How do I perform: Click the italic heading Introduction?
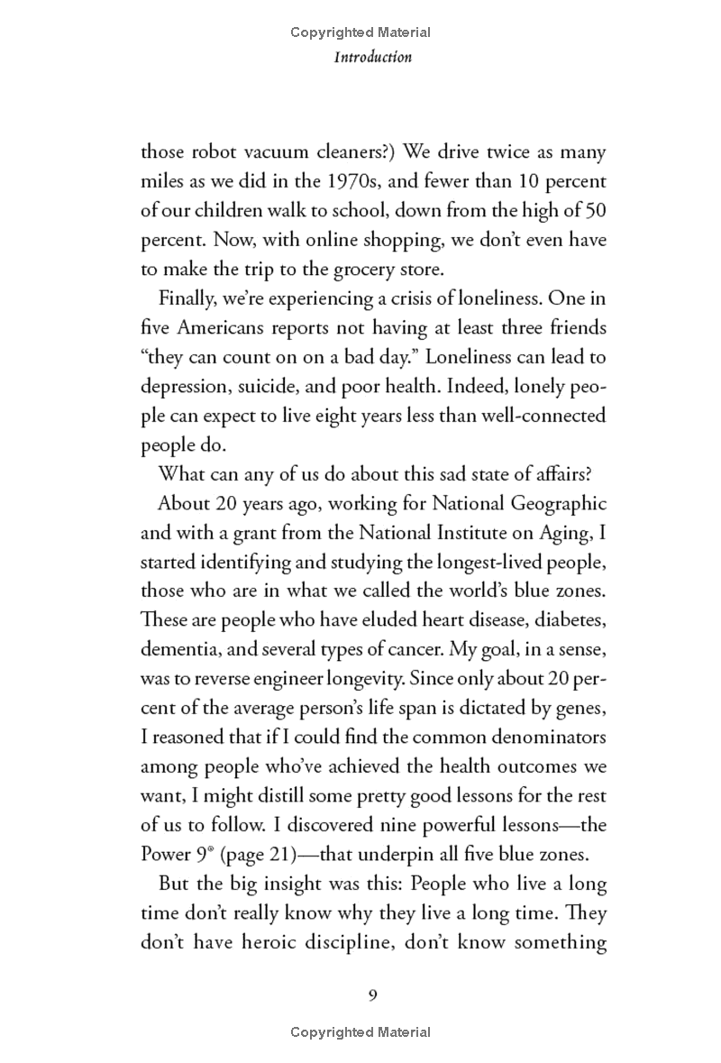(x=373, y=57)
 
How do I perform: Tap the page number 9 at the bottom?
(x=372, y=995)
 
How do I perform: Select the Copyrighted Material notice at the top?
(x=360, y=32)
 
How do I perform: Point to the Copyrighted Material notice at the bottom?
(x=360, y=1032)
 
